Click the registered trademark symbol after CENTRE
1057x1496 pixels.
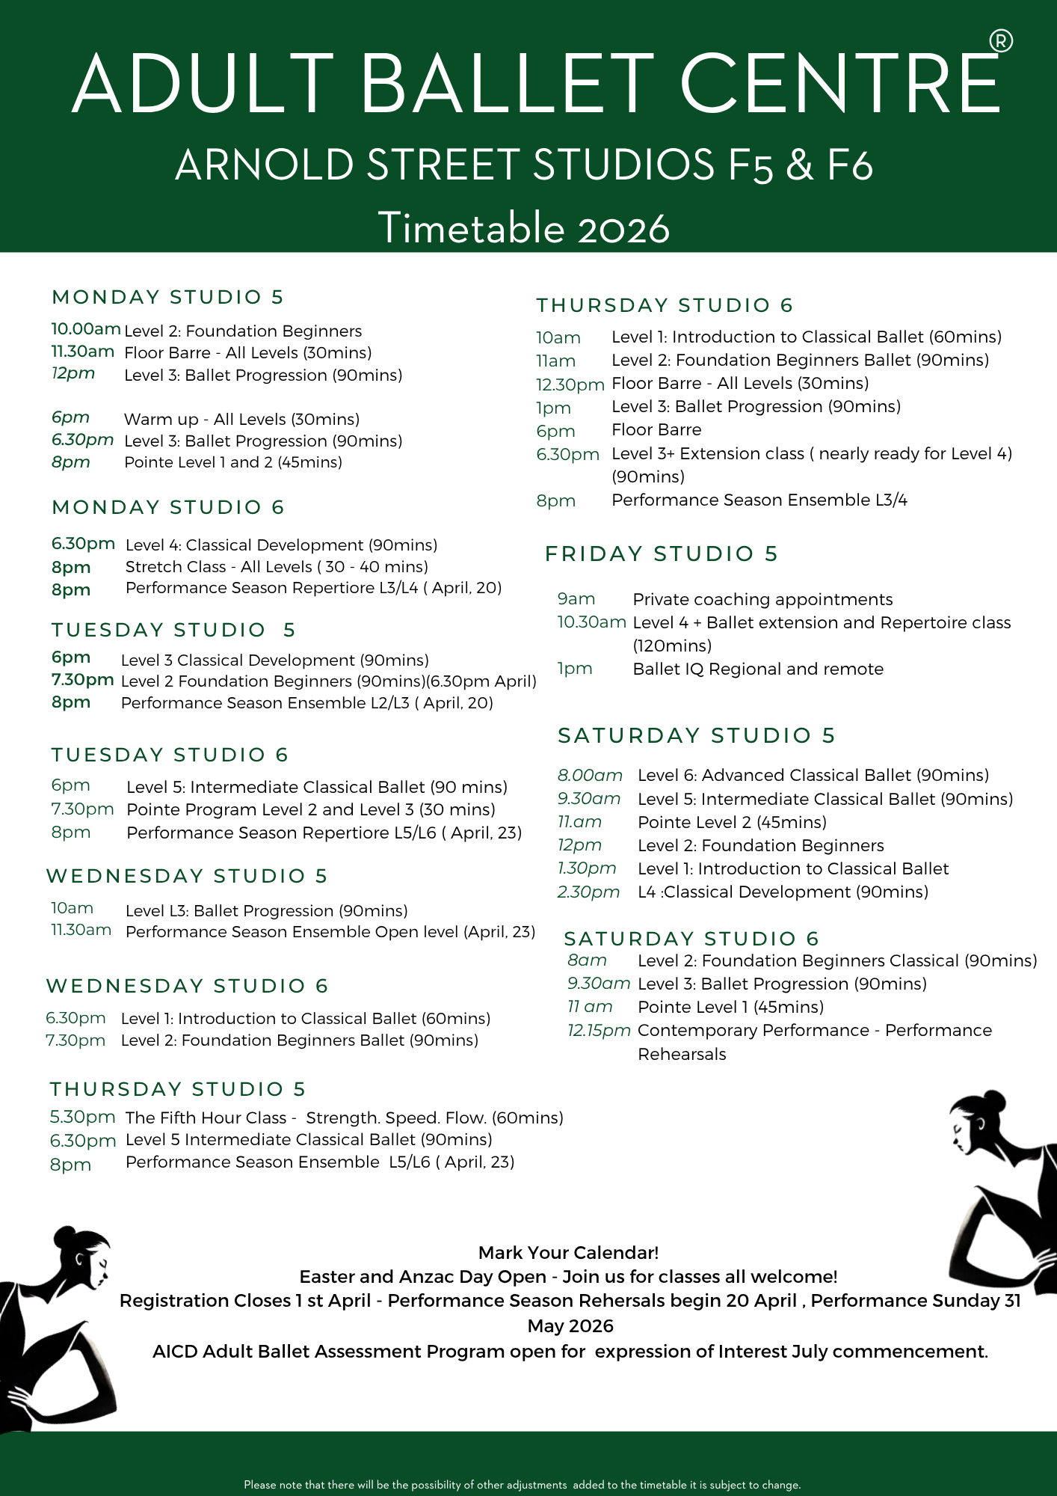(x=1001, y=41)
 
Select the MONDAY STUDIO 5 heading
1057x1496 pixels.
(x=168, y=297)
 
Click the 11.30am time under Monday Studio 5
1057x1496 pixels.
(x=82, y=352)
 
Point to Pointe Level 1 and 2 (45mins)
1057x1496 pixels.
(x=233, y=462)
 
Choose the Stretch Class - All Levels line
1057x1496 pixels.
(x=277, y=567)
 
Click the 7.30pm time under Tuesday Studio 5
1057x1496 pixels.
(x=82, y=680)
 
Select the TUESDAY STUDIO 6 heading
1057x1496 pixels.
(x=170, y=755)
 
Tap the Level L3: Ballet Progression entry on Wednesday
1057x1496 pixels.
(x=266, y=910)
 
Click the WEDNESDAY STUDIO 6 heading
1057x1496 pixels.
(x=187, y=986)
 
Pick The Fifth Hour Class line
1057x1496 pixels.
(x=344, y=1118)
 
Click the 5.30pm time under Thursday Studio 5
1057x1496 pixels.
(x=82, y=1118)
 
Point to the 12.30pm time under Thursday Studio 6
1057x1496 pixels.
(x=570, y=384)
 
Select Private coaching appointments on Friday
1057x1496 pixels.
(x=762, y=599)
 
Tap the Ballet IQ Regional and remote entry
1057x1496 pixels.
(x=758, y=669)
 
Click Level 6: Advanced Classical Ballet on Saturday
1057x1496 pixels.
(x=813, y=775)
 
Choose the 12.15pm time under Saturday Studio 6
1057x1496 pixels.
(x=599, y=1031)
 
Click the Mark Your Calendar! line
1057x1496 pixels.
(x=568, y=1252)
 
